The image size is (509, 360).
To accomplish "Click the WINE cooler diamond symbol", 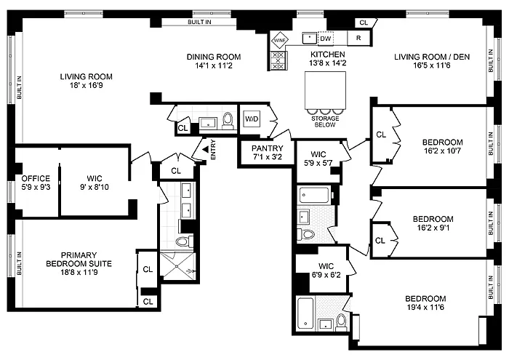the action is (280, 41).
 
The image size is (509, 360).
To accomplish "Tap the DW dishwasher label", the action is (325, 39).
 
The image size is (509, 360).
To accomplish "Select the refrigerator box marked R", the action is (358, 38).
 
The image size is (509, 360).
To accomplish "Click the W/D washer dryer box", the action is (252, 119).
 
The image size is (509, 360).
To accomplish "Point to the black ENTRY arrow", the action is (205, 149).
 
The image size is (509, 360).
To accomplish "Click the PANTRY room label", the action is (268, 148).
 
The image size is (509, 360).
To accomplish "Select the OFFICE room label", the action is (36, 178).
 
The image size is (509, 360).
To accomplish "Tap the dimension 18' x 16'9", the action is (87, 85).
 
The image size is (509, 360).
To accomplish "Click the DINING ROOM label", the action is (214, 57).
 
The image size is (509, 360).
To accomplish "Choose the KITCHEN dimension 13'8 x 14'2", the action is (327, 63).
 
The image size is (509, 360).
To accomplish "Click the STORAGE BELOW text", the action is (325, 121).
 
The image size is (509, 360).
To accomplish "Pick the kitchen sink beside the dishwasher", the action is (309, 38).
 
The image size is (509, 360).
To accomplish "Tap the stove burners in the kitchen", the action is (278, 60).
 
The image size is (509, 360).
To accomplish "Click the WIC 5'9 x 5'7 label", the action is (318, 159).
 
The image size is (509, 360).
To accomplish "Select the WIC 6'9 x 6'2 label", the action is (326, 271).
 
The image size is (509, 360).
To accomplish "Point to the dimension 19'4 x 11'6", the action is (425, 307).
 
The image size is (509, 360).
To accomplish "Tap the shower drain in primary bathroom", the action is (177, 266).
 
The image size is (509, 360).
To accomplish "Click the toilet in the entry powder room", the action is (228, 121).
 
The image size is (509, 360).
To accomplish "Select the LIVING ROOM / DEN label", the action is (432, 57).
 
